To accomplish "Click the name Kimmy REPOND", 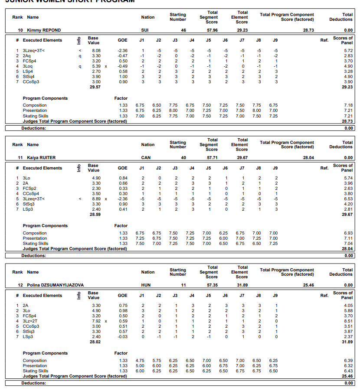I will tap(44, 30).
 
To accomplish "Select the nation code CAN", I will tap(146, 158).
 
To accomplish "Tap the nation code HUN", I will tap(146, 285).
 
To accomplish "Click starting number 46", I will tap(183, 30).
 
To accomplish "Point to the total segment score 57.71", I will tap(212, 158).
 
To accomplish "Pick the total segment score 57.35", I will tap(212, 285).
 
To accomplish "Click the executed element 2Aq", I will tap(26, 56).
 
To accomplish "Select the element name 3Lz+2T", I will tap(30, 321).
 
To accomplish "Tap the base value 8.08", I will tap(96, 51).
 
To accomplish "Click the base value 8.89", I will tap(96, 199).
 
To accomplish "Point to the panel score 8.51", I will tap(348, 321).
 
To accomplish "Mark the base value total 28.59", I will tap(95, 215).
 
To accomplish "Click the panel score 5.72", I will tap(348, 51).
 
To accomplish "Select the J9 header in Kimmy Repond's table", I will tap(275, 40).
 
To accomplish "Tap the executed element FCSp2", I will tap(29, 189).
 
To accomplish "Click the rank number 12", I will tap(20, 285).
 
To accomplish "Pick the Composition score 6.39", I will tap(348, 361).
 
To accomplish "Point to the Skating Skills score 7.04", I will tap(348, 244).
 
